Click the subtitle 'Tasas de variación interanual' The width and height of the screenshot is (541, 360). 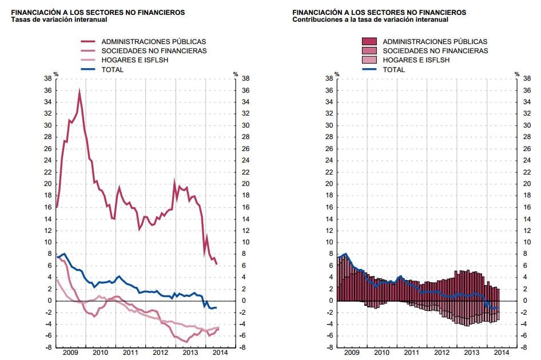pos(58,19)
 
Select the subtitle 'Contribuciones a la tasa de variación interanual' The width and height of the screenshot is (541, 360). pos(370,19)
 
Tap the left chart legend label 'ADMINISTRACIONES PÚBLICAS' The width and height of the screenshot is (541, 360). pos(153,42)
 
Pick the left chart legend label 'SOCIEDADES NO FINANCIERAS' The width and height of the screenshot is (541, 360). pos(154,51)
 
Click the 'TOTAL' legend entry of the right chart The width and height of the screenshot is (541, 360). pos(393,69)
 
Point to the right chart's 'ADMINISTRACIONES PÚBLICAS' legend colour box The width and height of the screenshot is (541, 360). pos(369,42)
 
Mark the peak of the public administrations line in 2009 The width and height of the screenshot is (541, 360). pos(79,92)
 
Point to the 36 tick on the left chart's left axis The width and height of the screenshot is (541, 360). pos(48,90)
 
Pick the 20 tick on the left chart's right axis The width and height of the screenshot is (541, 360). pos(246,184)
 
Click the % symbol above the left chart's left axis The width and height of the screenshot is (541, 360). pos(56,73)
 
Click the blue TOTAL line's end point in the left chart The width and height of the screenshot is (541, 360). pos(217,307)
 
